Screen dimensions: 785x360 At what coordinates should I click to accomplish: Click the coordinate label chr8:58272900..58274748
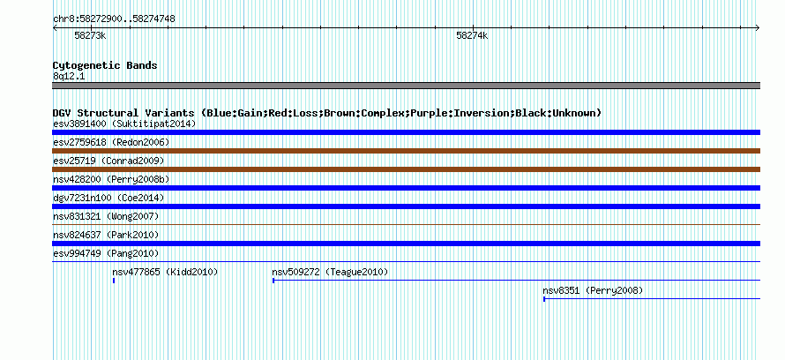click(x=114, y=19)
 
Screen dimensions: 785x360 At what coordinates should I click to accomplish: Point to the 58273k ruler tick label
click(x=90, y=35)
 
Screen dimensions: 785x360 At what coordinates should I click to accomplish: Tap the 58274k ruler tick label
click(x=472, y=35)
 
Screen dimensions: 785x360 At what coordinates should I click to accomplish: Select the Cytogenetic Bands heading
click(x=105, y=65)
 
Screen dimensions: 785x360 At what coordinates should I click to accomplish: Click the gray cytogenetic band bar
click(x=406, y=86)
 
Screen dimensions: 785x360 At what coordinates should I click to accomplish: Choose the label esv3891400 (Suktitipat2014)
click(x=124, y=124)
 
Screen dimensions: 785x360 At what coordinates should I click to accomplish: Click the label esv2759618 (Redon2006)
click(x=111, y=142)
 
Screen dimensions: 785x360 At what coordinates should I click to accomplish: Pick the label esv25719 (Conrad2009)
click(x=108, y=161)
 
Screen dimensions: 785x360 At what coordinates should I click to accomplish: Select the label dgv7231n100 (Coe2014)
click(x=108, y=198)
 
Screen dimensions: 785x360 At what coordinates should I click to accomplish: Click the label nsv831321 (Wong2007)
click(x=106, y=216)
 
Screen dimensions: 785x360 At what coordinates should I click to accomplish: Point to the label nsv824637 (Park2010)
click(x=106, y=235)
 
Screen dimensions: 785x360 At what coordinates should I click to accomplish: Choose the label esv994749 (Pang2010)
click(x=106, y=253)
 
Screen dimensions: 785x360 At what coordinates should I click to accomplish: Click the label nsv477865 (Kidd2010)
click(x=165, y=272)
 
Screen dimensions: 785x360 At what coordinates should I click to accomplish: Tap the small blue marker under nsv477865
click(x=114, y=281)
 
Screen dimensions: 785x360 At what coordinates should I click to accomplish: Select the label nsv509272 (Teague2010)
click(x=330, y=272)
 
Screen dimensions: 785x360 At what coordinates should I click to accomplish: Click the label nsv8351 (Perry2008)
click(x=593, y=290)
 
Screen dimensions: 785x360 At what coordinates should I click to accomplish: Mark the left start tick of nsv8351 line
click(x=544, y=299)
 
